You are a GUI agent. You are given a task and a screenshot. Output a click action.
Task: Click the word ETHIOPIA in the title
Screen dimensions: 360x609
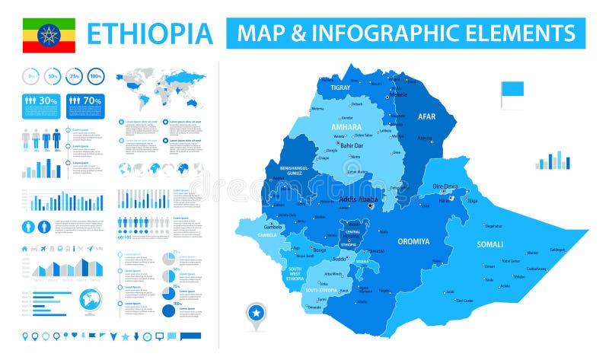[149, 34]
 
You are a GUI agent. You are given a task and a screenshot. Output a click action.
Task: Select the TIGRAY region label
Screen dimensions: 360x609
[340, 88]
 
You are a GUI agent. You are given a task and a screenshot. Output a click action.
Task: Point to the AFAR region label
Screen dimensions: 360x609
[426, 116]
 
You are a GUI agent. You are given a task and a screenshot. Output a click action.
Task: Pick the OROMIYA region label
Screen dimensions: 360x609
[413, 242]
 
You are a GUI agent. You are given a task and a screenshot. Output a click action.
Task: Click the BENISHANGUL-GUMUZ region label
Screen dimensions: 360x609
[298, 171]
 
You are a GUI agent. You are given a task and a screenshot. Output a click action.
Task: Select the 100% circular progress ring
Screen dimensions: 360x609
[95, 76]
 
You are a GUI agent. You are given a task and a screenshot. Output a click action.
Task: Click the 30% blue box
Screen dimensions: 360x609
[41, 104]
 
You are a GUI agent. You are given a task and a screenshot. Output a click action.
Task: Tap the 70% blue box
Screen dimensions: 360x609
[85, 104]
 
